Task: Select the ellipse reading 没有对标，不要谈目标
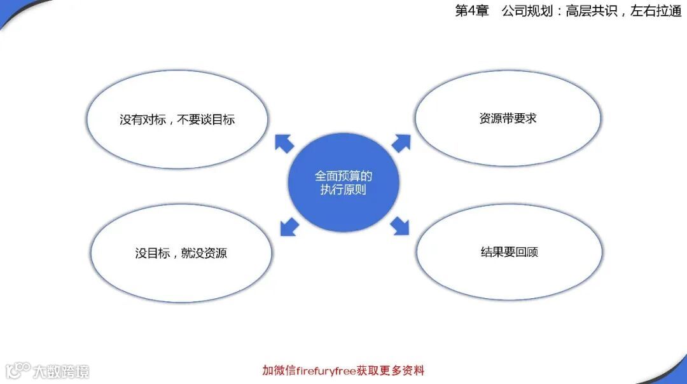[x=177, y=120]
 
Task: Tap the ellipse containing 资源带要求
[x=508, y=118]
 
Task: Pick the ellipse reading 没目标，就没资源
[x=181, y=253]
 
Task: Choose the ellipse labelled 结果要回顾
[x=510, y=252]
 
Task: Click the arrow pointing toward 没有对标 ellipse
[x=284, y=143]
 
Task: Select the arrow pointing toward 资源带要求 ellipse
[x=401, y=142]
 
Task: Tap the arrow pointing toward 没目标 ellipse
[x=289, y=226]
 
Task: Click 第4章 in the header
[x=471, y=11]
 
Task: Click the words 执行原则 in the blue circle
[x=343, y=190]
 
